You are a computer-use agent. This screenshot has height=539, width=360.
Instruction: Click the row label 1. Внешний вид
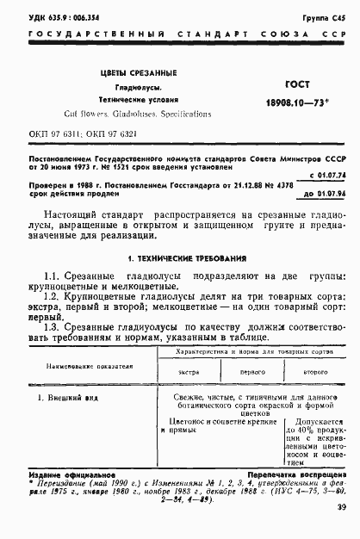coord(63,397)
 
